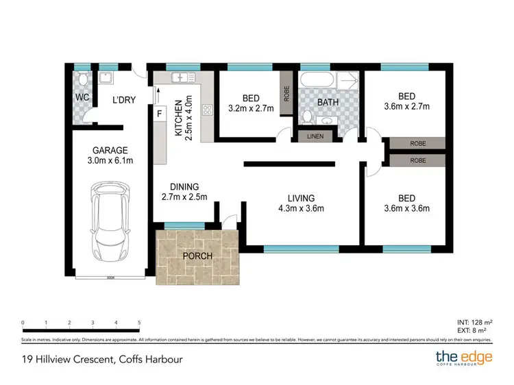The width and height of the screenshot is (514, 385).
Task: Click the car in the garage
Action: (x=112, y=223)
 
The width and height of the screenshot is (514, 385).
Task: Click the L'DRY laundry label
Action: (x=123, y=100)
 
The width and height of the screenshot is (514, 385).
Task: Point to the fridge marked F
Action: (x=160, y=114)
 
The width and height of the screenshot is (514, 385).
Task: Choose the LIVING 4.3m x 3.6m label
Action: (x=301, y=203)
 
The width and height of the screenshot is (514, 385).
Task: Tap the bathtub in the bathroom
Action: (x=317, y=79)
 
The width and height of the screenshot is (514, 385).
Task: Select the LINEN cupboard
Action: (x=315, y=136)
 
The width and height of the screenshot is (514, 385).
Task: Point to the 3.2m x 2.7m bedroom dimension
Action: (x=250, y=108)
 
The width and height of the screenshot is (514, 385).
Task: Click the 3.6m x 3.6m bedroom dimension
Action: (x=406, y=208)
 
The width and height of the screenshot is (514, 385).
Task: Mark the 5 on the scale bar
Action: (x=139, y=322)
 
